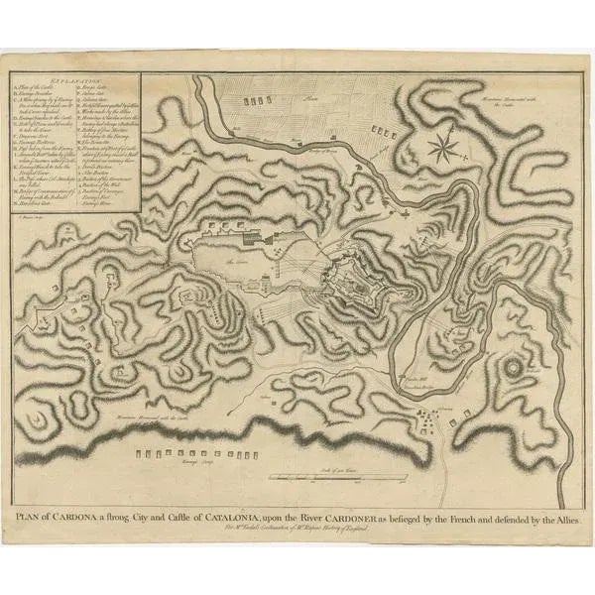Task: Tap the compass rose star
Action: pyautogui.click(x=443, y=149)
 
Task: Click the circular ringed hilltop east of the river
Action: pyautogui.click(x=515, y=371)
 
